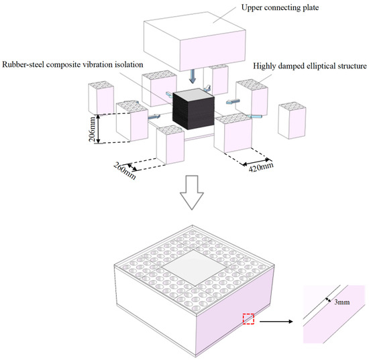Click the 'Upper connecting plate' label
280,7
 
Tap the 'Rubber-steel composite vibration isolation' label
72,64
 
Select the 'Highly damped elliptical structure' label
310,66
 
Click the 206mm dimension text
93,129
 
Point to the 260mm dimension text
125,171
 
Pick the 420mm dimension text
261,167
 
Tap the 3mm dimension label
342,302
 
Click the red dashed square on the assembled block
248,319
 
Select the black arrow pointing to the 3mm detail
276,321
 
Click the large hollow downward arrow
192,192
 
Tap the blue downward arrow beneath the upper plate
193,76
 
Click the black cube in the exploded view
193,109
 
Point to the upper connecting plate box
195,42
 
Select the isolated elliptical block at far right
292,121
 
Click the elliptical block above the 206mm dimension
101,98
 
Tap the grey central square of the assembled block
195,268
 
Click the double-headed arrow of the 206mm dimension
99,129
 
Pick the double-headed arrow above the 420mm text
256,162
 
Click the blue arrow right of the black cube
233,101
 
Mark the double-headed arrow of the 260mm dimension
132,167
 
